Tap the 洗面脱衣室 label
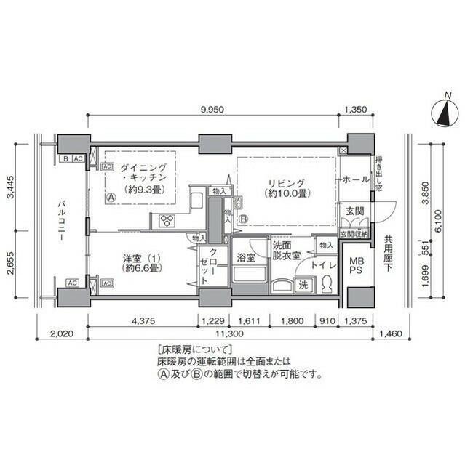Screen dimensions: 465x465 coord(286,251)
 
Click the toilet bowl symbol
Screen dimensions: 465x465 coord(326,283)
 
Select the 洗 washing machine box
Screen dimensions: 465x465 coord(303,285)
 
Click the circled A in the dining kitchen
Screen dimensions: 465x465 coord(111,197)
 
